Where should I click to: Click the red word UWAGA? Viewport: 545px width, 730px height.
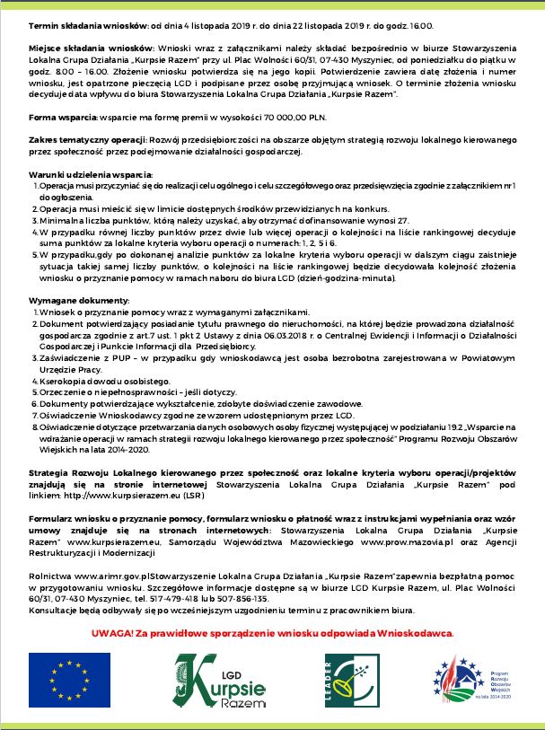tap(112, 635)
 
